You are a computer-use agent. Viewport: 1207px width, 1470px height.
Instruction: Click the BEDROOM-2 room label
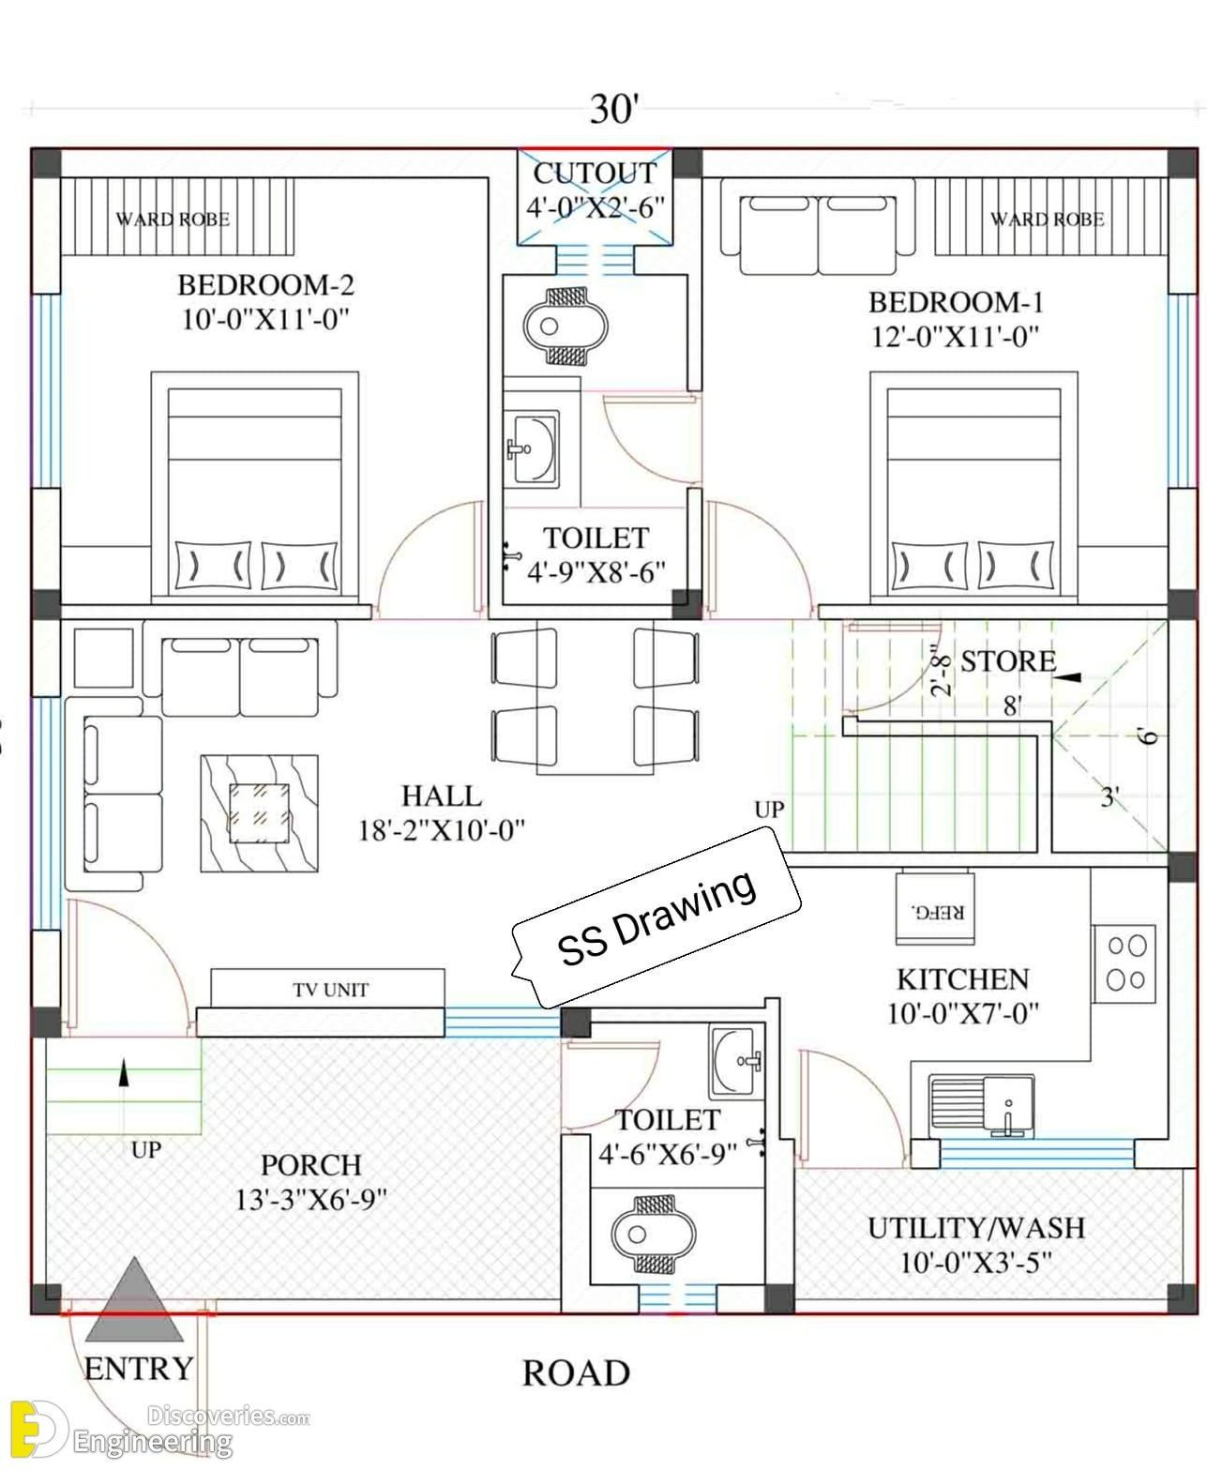point(265,284)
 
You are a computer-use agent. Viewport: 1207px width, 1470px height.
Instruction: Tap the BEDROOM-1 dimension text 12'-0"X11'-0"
point(955,337)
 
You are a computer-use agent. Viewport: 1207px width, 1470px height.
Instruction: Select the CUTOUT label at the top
point(596,173)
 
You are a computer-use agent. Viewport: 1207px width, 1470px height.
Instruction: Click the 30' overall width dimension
point(614,109)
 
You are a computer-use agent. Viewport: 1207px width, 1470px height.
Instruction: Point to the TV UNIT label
point(330,989)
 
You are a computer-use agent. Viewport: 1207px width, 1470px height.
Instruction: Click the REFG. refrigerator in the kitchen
point(934,907)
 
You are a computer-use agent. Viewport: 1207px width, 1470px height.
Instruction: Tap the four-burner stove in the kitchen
point(1124,964)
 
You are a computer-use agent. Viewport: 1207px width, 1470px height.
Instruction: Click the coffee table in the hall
point(259,813)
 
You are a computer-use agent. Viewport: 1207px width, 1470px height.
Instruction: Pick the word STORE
point(1008,660)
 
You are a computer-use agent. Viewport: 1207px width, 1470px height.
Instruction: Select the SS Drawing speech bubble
point(656,917)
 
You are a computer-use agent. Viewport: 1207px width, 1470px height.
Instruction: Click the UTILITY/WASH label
point(976,1228)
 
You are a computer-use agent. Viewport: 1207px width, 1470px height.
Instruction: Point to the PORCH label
point(310,1165)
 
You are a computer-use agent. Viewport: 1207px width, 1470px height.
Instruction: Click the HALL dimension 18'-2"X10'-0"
point(441,830)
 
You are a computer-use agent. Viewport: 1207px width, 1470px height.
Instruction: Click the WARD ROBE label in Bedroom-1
point(1047,219)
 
